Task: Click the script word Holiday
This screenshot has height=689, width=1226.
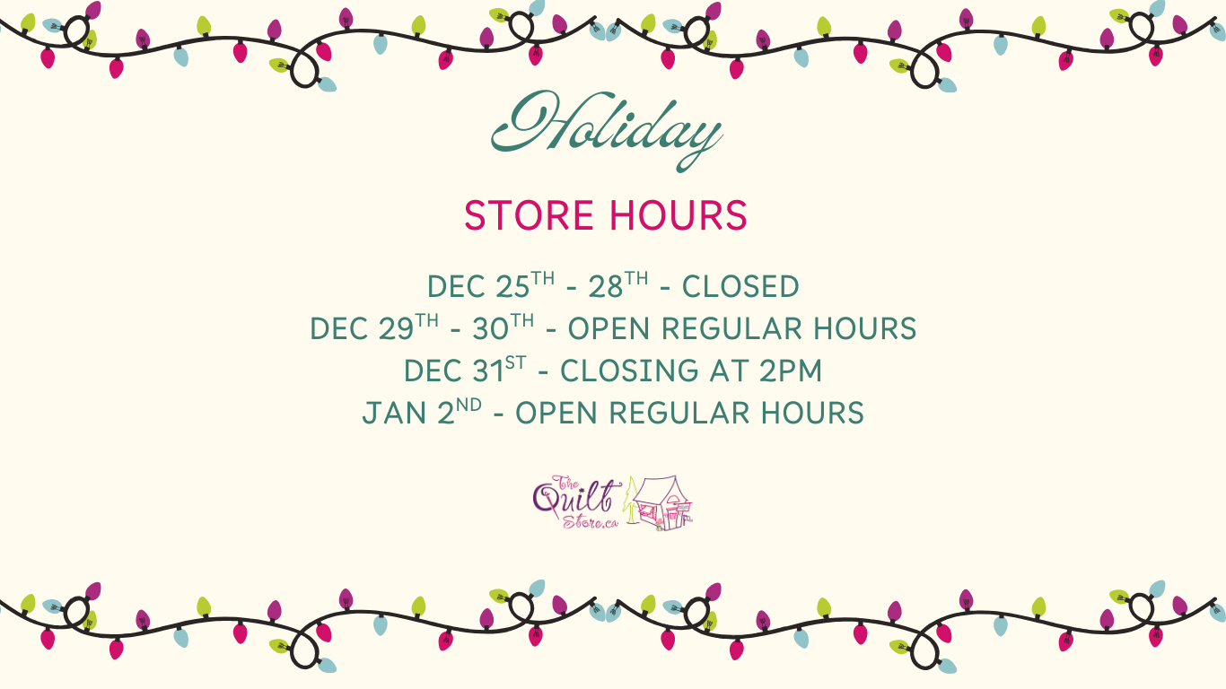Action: point(607,130)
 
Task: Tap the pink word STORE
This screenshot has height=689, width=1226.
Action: point(530,215)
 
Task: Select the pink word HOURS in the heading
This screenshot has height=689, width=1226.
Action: point(679,215)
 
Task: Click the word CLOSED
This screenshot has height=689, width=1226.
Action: point(740,286)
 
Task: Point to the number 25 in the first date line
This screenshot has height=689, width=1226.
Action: point(512,286)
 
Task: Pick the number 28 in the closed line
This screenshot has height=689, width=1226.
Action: point(606,286)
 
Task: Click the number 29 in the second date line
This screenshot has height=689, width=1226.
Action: point(396,328)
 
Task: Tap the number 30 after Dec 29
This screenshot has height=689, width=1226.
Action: point(491,328)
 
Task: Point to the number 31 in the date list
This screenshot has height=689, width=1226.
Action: point(488,371)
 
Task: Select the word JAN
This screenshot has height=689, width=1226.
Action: point(394,413)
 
